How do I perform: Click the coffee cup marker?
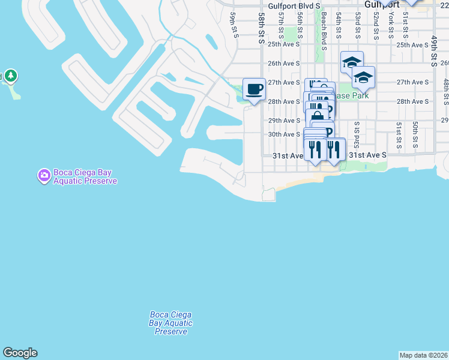point(254,89)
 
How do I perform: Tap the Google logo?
point(20,353)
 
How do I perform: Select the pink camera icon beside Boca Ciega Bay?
point(44,176)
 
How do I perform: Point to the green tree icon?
point(11,76)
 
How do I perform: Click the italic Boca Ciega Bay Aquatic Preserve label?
point(170,323)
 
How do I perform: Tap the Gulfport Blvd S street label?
point(292,6)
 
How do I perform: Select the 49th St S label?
point(433,50)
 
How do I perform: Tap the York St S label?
point(391,25)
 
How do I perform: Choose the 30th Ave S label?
point(284,134)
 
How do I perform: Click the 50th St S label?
point(415,134)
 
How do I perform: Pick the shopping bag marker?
point(316,116)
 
